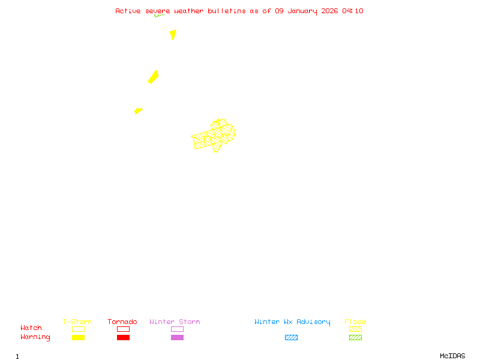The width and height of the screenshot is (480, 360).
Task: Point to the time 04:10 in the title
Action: coord(353,11)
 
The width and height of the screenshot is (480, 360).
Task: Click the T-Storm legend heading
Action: coord(77,322)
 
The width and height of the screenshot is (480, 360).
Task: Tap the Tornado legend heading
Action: coord(122,322)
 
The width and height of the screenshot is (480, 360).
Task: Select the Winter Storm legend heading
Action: coord(175,322)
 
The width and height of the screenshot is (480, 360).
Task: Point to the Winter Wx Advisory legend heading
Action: coord(292,322)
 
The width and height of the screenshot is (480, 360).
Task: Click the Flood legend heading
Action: coord(355,322)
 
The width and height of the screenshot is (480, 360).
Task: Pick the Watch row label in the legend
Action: coord(31,328)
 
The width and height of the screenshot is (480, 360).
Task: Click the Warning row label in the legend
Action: coord(35,337)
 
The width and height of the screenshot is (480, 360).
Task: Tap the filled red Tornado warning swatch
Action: coord(123,338)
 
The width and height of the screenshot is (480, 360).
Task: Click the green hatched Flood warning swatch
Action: coord(355,338)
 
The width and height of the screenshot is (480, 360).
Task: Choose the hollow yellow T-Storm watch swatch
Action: coord(78,329)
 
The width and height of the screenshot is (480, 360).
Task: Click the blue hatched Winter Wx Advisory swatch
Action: coord(291,338)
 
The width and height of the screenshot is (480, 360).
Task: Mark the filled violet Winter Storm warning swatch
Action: coord(177,338)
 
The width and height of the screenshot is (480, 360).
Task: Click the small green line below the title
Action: coord(159,16)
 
